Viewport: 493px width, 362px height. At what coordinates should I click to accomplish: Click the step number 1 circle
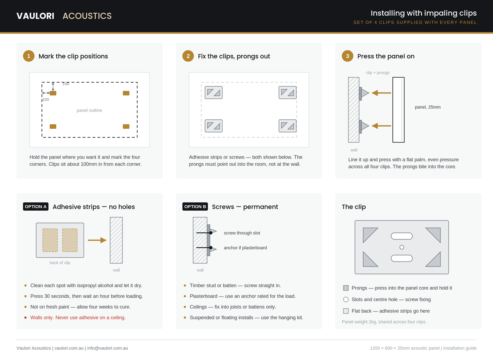[29, 56]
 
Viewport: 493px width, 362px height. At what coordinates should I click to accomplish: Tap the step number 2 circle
[188, 56]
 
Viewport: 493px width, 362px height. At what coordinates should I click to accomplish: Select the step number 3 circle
[347, 56]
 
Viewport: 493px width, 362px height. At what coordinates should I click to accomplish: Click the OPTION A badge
[36, 207]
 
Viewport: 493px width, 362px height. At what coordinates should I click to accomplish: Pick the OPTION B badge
[195, 207]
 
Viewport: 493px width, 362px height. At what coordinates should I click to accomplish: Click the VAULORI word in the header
[35, 16]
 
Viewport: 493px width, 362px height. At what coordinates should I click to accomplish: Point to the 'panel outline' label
[90, 110]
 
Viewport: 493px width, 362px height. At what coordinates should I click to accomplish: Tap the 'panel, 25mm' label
[428, 107]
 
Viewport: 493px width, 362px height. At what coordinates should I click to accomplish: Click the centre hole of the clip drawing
[402, 247]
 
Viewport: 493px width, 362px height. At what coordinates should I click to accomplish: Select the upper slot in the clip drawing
[402, 236]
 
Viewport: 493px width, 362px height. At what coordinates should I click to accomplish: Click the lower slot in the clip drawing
[402, 258]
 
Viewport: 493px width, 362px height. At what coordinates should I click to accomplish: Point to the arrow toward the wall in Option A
[97, 240]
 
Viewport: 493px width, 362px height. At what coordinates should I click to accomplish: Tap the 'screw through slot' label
[242, 233]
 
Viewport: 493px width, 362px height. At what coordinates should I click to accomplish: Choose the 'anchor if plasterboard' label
[245, 248]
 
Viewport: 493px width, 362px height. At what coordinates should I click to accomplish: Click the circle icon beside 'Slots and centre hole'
[346, 299]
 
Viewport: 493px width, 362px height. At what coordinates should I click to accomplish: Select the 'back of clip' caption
[60, 262]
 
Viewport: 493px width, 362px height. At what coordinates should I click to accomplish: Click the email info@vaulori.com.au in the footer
[107, 348]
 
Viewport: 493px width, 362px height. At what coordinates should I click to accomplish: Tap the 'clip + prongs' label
[378, 72]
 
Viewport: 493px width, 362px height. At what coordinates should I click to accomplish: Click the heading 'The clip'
[354, 207]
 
